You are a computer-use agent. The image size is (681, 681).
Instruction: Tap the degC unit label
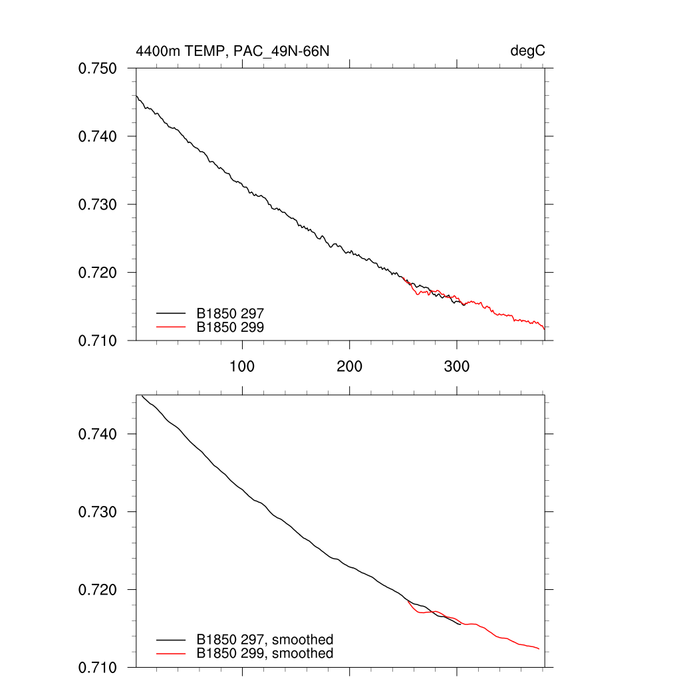(x=528, y=51)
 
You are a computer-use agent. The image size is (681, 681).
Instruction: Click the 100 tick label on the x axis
(x=242, y=366)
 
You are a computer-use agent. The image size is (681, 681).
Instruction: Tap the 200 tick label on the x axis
(x=349, y=366)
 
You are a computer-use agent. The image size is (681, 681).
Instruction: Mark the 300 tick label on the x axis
(x=456, y=366)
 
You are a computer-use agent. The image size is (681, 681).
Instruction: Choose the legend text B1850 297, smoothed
(x=265, y=640)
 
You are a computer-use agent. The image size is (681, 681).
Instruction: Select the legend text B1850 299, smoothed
(x=265, y=654)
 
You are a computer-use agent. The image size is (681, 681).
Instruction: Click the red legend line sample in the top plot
(x=172, y=327)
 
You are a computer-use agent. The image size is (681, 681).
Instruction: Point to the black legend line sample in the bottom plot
(x=172, y=640)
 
